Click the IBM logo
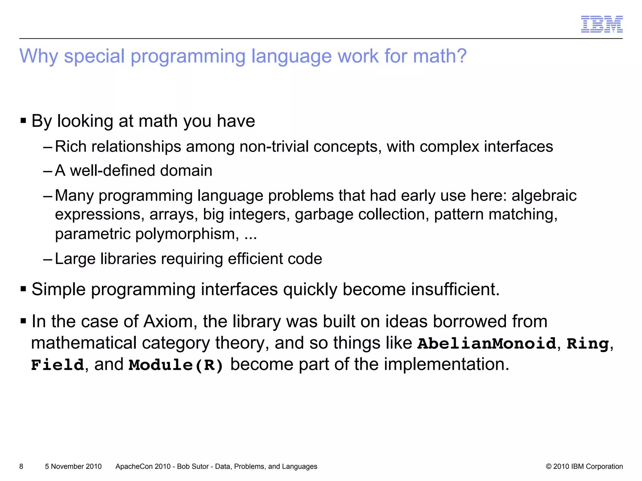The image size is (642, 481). pos(602,24)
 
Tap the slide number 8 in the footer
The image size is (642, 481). pos(21,466)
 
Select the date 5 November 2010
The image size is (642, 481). pos(73,466)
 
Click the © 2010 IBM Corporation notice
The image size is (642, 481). pos(584,466)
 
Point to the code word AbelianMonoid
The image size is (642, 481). pos(487,344)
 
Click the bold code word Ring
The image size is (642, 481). pos(587,344)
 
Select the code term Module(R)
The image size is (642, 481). pos(176,365)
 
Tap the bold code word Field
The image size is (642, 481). pos(58,365)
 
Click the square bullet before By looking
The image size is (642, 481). pos(23,121)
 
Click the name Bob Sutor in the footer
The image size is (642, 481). pos(193,466)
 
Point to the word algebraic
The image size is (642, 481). pos(544,196)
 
